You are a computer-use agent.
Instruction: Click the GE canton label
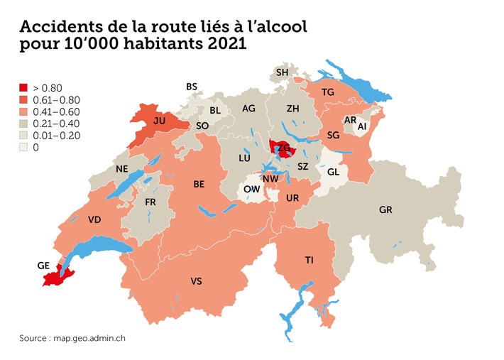coord(43,266)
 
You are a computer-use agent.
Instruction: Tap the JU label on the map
coord(160,121)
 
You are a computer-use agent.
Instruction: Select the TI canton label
coord(309,261)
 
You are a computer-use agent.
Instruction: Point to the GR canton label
coord(385,211)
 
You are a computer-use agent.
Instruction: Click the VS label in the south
coord(197,282)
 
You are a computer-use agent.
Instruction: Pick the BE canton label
coord(199,184)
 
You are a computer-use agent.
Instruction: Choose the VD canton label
coord(94,220)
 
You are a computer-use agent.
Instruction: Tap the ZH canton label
coord(292,109)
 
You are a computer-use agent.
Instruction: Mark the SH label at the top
coord(282,72)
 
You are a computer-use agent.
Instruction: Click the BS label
coord(192,87)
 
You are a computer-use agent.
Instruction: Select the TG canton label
coord(327,93)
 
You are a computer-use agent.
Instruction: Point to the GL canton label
coord(333,171)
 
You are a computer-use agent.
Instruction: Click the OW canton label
coord(251,190)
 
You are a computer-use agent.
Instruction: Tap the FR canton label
coord(150,202)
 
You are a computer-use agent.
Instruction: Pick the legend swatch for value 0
coord(24,147)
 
